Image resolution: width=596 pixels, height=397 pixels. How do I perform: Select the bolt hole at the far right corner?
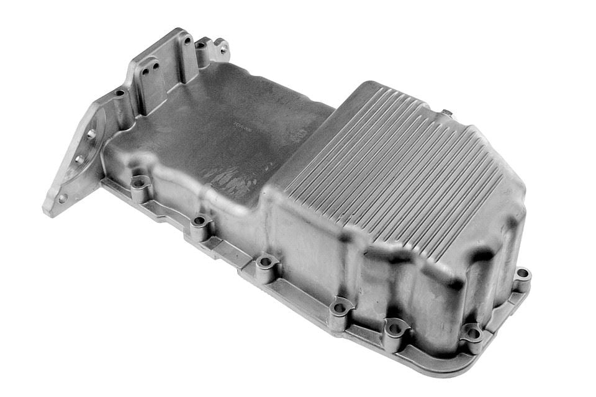(522, 273)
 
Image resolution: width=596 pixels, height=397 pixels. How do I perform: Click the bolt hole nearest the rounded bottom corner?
(472, 332)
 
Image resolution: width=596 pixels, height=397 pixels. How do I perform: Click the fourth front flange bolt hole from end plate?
(339, 306)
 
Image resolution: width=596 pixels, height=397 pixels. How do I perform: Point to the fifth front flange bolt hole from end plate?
(393, 324)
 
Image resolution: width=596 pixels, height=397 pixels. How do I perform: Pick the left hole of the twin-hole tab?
(144, 71)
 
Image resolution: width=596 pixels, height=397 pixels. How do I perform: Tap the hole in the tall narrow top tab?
(186, 41)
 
